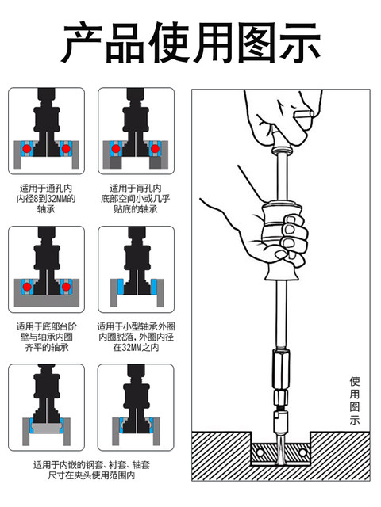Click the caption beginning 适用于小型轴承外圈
click(x=136, y=337)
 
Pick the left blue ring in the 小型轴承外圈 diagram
click(x=117, y=288)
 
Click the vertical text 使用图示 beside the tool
click(x=355, y=400)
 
